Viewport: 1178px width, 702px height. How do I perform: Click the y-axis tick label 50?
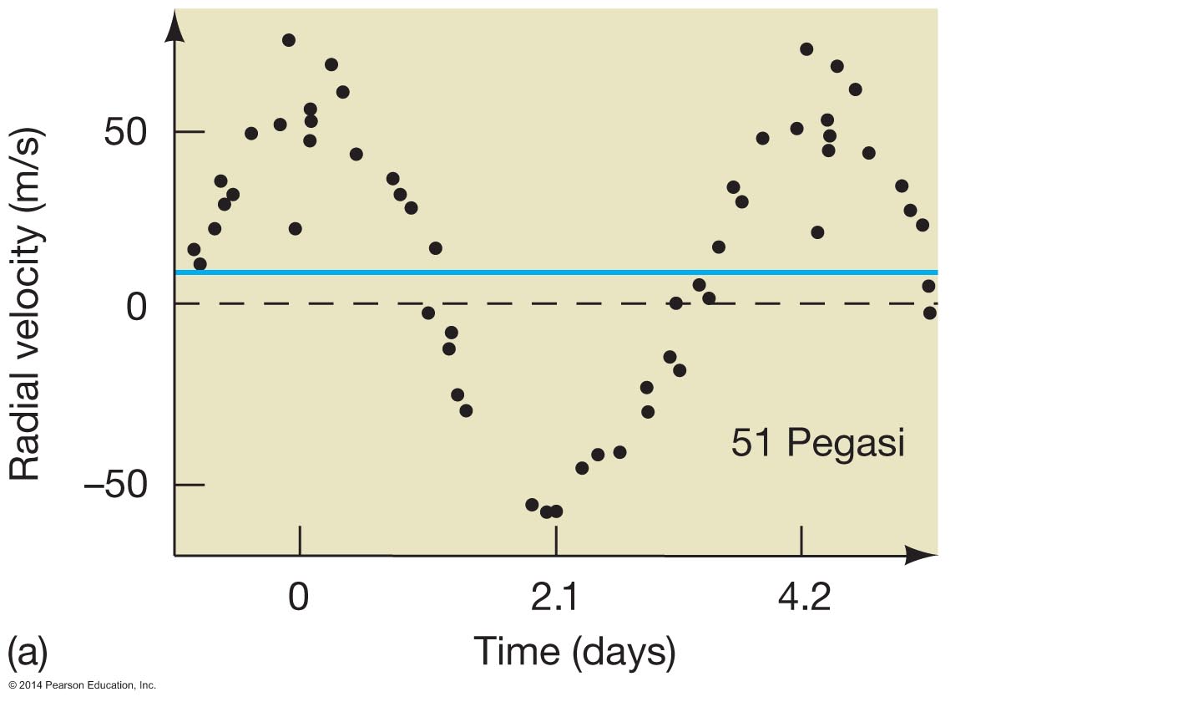point(124,131)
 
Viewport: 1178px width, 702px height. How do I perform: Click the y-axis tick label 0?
point(137,307)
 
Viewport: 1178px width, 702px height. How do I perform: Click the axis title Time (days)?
point(574,651)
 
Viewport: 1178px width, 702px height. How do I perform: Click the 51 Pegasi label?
point(817,442)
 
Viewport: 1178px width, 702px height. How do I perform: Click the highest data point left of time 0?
point(289,40)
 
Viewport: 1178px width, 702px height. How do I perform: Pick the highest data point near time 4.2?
point(806,49)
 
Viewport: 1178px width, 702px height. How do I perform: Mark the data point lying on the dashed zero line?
point(675,303)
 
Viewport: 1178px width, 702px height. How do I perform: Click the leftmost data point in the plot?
point(194,249)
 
